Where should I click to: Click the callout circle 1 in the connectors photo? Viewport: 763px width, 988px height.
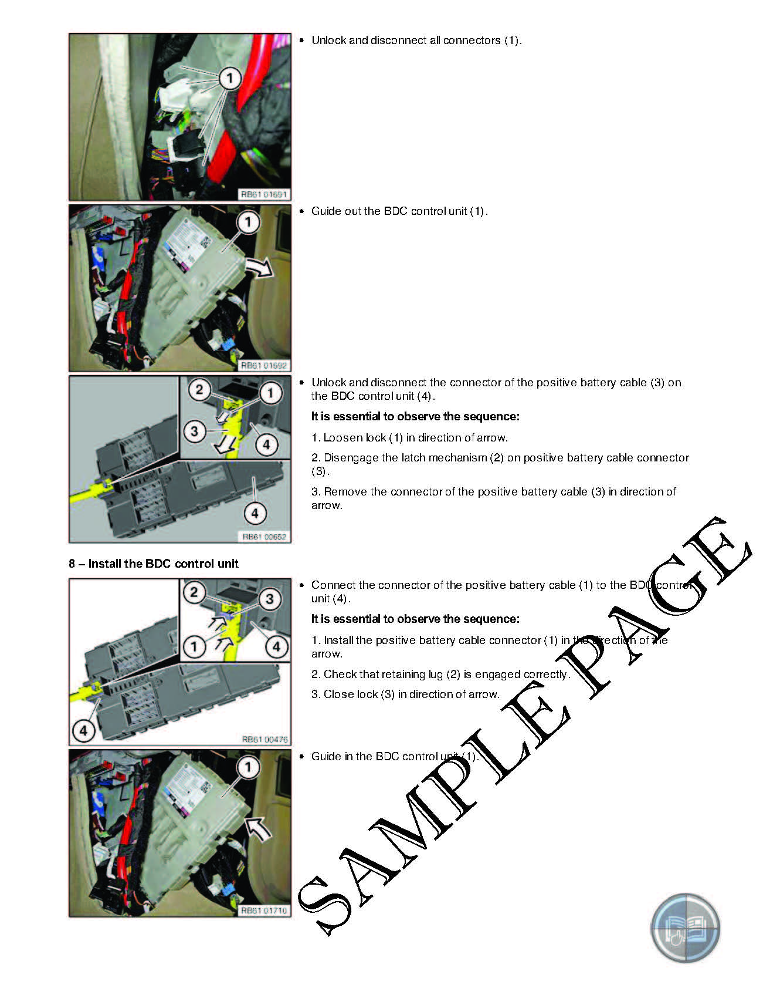[x=230, y=77]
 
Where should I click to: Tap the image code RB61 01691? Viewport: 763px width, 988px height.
[x=263, y=194]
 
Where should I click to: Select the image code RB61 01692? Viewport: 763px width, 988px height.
[x=264, y=365]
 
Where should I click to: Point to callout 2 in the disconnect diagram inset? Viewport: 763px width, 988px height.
[x=199, y=389]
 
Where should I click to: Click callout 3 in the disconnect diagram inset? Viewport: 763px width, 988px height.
[x=195, y=431]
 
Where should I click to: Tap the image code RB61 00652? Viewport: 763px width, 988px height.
[x=264, y=537]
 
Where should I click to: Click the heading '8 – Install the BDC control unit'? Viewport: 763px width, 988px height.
[x=154, y=564]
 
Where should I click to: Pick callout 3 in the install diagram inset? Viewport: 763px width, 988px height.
[x=270, y=599]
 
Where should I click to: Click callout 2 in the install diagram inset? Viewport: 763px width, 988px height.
[x=194, y=592]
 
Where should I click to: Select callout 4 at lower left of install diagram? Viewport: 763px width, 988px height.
[x=83, y=730]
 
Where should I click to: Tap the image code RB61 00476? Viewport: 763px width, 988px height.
[x=264, y=739]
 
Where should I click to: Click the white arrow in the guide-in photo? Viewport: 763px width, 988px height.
[x=258, y=828]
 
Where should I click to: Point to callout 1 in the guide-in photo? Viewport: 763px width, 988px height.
[x=248, y=766]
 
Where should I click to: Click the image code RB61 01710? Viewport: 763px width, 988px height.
[x=264, y=911]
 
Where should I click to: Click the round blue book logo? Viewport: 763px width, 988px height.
[x=685, y=928]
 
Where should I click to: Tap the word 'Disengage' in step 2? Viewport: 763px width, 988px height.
[x=350, y=458]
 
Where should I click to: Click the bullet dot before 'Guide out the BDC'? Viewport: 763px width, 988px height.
[x=302, y=211]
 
